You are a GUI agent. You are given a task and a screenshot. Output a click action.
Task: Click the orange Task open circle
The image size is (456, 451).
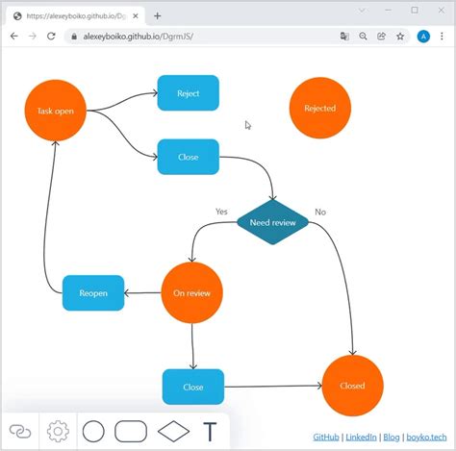coord(56,110)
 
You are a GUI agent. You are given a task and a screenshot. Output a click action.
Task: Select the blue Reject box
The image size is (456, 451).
coord(188,93)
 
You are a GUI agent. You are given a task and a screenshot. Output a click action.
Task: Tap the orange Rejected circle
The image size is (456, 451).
coord(320,109)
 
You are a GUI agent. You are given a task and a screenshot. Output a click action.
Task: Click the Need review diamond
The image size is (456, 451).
coord(272,222)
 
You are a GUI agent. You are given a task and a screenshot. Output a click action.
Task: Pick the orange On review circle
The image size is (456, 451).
coord(192,292)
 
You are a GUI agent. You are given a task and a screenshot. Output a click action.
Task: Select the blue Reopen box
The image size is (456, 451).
coord(93,292)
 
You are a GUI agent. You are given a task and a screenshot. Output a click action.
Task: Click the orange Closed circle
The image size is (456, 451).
coord(352,386)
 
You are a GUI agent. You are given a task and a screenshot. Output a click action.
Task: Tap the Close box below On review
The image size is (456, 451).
coord(192,387)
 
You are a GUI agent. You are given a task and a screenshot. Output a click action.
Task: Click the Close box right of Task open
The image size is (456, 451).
coord(188,157)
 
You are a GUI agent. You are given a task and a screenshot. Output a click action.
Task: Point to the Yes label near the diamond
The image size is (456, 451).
coord(221,211)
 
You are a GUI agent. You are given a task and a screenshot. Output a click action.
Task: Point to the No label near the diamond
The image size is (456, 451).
coord(320,212)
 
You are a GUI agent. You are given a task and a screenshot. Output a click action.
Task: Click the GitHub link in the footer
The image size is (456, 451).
coord(326,437)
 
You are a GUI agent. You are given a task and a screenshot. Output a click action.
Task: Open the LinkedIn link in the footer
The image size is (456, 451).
coord(361,437)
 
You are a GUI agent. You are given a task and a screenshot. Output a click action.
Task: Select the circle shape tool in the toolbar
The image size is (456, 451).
coord(93,431)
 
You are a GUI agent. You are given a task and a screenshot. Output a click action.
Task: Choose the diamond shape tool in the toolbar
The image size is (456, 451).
coord(173,431)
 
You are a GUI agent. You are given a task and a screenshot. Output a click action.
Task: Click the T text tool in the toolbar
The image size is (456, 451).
coord(210,431)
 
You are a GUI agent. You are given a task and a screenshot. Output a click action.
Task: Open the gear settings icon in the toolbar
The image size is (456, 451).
coord(58,431)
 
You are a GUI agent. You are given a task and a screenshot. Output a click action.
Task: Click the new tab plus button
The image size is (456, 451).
coord(158,15)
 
